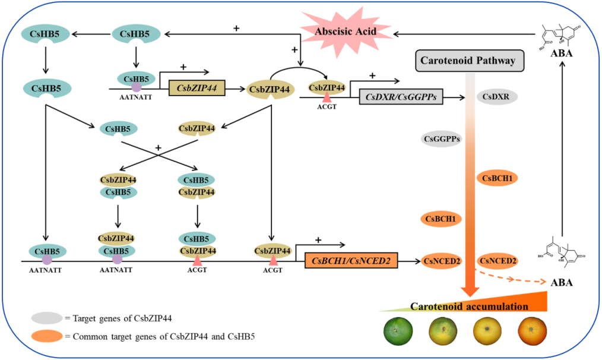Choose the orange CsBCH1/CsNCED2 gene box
(x=351, y=260)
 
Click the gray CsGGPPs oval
(x=442, y=139)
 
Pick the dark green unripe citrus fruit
(x=397, y=330)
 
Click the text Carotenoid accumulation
(x=469, y=307)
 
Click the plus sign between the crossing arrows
(x=158, y=146)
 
